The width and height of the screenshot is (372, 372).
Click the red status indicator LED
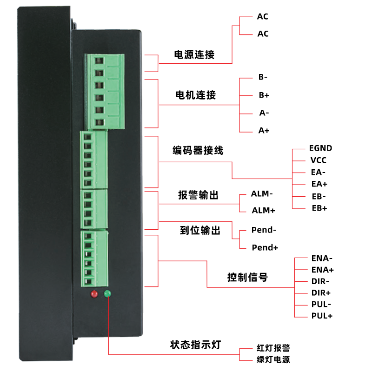94,294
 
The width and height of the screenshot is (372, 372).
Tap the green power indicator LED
107,293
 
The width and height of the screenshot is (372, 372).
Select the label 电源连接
194,54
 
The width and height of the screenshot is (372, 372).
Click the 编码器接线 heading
198,151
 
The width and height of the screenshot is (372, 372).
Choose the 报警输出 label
198,195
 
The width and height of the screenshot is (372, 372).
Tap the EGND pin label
320,148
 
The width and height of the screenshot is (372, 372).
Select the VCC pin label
319,160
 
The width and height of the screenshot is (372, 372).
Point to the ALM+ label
263,210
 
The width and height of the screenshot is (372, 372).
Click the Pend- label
264,230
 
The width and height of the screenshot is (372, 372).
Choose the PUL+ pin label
321,316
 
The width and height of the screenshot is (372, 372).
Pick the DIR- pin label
320,281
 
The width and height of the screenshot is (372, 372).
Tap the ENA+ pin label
322,270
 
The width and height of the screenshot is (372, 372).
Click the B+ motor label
264,95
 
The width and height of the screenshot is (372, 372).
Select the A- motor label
264,113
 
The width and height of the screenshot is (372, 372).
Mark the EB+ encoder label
319,208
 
